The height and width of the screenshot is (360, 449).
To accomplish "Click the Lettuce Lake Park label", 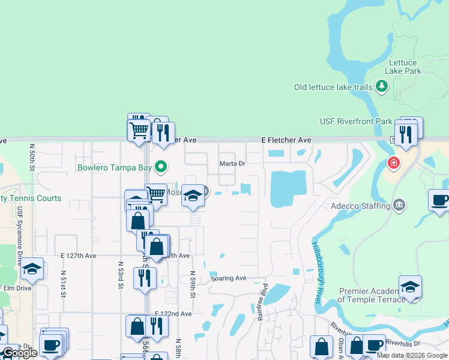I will pyautogui.click(x=405, y=67).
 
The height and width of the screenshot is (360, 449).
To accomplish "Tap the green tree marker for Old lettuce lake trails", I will pyautogui.click(x=381, y=87).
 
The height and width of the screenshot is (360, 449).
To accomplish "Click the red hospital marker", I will pyautogui.click(x=393, y=163).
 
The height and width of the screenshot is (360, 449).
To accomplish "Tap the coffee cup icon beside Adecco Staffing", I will pyautogui.click(x=440, y=200).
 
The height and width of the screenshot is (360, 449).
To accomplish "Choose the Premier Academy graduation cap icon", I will pyautogui.click(x=410, y=287).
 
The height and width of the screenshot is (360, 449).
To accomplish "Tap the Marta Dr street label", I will pyautogui.click(x=233, y=163).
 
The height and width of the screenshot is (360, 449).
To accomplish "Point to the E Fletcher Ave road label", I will pyautogui.click(x=286, y=140).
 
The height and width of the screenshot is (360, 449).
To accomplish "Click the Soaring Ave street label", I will pyautogui.click(x=229, y=278).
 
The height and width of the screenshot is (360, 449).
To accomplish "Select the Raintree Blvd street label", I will pyautogui.click(x=262, y=307).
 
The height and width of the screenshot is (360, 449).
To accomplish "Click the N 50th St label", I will pyautogui.click(x=32, y=158).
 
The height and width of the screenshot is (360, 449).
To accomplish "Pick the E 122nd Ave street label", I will pyautogui.click(x=173, y=314).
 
